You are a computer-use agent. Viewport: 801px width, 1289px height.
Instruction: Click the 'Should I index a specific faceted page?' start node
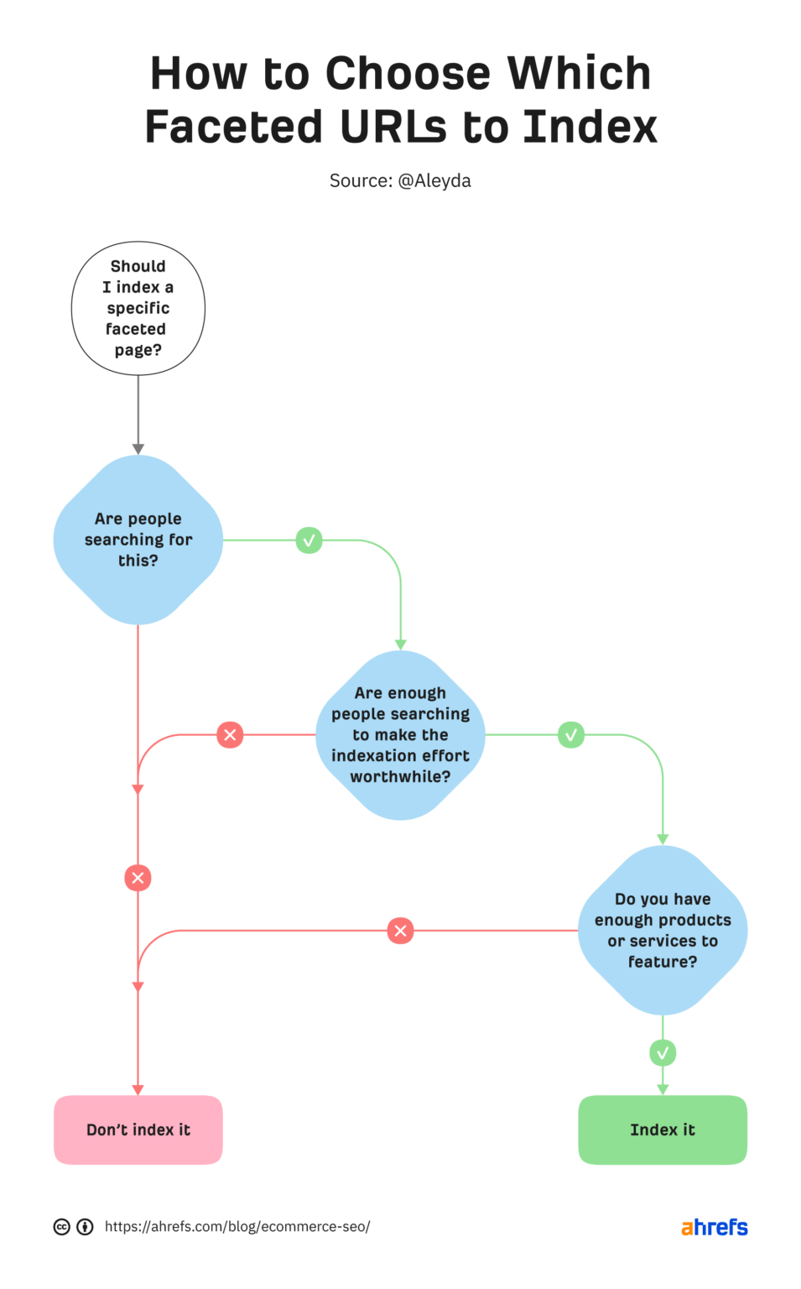click(x=138, y=308)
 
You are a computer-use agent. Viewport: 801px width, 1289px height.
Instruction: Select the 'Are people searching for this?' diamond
click(x=138, y=540)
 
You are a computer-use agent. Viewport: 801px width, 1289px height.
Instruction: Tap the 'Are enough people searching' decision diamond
click(x=400, y=735)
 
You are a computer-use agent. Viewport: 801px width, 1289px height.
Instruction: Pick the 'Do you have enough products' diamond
click(x=663, y=930)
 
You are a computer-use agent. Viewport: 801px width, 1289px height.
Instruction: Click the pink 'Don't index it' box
click(x=138, y=1130)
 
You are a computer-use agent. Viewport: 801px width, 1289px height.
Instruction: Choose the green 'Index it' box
click(x=663, y=1130)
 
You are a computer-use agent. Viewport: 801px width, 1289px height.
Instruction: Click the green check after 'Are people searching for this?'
click(x=309, y=540)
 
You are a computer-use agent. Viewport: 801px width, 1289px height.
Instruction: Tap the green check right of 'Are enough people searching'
click(x=571, y=735)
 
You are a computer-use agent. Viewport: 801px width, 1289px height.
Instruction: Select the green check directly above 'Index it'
click(x=663, y=1052)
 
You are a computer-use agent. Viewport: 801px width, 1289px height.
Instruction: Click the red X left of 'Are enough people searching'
click(x=230, y=735)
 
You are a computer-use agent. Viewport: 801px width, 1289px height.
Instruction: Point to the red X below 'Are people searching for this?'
click(x=138, y=878)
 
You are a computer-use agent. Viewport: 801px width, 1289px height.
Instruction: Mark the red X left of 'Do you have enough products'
click(x=400, y=930)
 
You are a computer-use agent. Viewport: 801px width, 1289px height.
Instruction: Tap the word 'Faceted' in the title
click(x=233, y=127)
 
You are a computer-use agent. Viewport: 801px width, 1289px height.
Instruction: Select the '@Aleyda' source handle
click(x=434, y=180)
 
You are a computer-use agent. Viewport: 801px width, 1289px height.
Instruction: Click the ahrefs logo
click(x=714, y=1227)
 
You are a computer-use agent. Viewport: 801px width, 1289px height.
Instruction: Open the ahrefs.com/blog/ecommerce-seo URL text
click(x=237, y=1227)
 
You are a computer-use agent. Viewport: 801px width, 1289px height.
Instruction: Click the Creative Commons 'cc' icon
click(x=62, y=1227)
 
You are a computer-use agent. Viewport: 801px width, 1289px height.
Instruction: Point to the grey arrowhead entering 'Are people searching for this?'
click(x=138, y=449)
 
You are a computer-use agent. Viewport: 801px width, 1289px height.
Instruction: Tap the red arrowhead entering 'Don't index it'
click(x=138, y=1089)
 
